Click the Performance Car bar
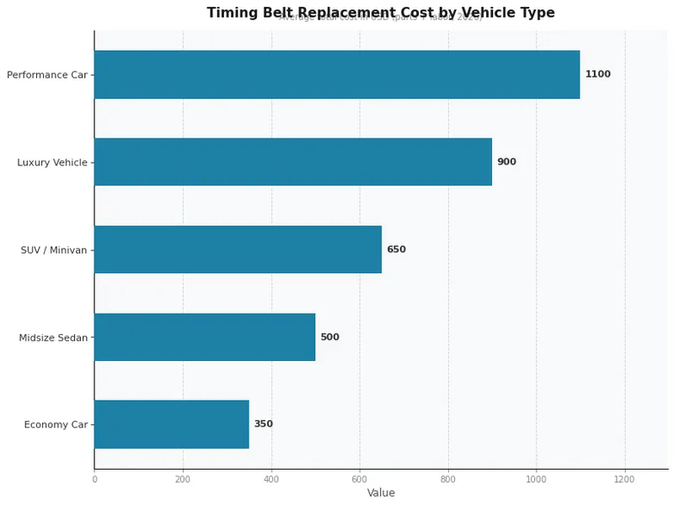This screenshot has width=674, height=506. coord(337,74)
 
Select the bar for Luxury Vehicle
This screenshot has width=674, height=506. coord(292,162)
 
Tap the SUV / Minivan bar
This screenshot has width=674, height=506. coord(238,250)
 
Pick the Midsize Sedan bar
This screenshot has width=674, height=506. coord(205,337)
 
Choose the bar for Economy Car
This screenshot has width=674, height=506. coord(171,424)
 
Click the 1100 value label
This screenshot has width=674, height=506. coord(597,74)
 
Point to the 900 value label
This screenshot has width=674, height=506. coord(506,162)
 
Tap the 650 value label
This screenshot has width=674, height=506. coord(396,250)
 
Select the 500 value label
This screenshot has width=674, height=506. coord(329,337)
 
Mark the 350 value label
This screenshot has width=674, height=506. coord(263,424)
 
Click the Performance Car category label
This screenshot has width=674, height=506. coord(47,75)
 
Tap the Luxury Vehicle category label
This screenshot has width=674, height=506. coord(52,162)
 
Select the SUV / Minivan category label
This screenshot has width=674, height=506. coord(54,250)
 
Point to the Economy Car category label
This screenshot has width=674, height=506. coord(56,424)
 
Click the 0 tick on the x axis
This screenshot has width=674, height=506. coord(94,479)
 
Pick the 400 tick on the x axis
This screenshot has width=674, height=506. coord(271,479)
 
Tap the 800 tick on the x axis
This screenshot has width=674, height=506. coord(448,479)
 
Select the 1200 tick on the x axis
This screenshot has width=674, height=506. coord(624,479)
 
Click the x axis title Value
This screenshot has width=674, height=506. coord(381,493)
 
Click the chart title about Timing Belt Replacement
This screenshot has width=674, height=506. coord(381,13)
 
